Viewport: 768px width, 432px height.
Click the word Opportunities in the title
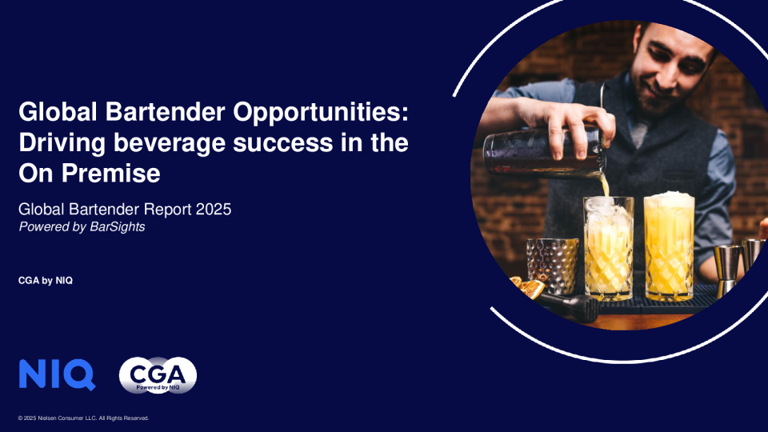click(x=321, y=111)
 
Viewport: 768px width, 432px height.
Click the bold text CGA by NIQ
click(x=46, y=280)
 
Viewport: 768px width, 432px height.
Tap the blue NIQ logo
click(x=56, y=374)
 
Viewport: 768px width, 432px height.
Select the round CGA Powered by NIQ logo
click(x=158, y=374)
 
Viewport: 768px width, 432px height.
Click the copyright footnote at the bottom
click(x=83, y=418)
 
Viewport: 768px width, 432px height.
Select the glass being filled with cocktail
click(x=608, y=246)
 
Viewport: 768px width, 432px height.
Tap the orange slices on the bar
click(x=528, y=286)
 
